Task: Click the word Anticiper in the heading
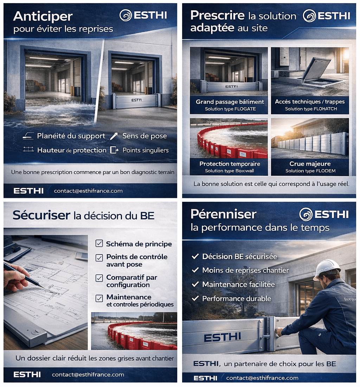[43, 16]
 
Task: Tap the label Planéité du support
[71, 136]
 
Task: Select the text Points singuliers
[145, 150]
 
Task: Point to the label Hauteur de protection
[72, 150]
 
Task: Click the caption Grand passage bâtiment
[230, 102]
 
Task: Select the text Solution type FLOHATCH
[311, 109]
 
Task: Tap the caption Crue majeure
[310, 164]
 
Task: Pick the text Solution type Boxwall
[230, 171]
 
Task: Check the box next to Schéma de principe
[99, 244]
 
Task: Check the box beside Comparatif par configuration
[99, 278]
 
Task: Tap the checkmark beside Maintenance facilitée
[195, 284]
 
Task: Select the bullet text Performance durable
[236, 299]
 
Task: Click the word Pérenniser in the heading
[223, 214]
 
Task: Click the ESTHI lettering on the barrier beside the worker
[222, 338]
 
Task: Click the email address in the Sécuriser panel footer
[88, 375]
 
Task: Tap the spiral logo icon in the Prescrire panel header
[309, 16]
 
